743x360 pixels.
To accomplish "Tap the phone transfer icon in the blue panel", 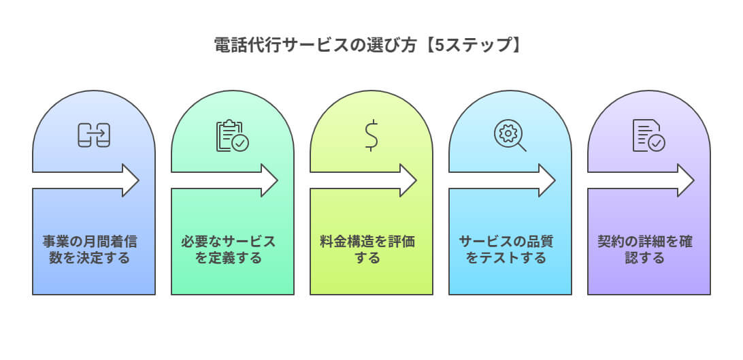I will click(x=94, y=135).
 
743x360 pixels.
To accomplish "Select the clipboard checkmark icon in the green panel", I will click(x=233, y=135).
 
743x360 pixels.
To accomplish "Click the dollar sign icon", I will click(x=371, y=135).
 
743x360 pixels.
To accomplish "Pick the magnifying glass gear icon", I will click(x=510, y=135).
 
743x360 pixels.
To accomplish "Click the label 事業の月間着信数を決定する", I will click(x=94, y=250).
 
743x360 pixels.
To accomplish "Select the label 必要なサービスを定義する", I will click(x=233, y=250).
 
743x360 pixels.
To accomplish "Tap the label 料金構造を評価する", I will click(x=371, y=250).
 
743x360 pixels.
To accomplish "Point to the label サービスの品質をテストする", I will click(x=510, y=250).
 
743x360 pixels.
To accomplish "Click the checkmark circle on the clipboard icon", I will click(x=240, y=143).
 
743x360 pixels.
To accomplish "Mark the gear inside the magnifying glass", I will click(x=507, y=132).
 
